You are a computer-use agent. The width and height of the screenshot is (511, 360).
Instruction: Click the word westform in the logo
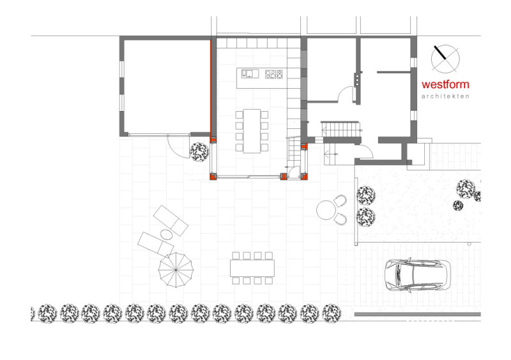tap(445, 84)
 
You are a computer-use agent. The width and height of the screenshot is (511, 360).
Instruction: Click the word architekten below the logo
tap(445, 96)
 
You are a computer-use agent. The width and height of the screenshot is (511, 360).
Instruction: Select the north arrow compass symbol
tap(445, 59)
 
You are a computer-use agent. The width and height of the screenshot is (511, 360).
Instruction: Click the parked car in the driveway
tap(418, 275)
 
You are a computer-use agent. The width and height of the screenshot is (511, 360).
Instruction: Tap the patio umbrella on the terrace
tap(176, 270)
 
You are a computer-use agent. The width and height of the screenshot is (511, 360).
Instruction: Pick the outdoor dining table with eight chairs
tap(252, 268)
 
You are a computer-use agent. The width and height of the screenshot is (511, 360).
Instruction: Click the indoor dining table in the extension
tap(252, 131)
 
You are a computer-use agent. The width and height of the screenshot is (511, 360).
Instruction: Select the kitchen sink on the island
tap(250, 73)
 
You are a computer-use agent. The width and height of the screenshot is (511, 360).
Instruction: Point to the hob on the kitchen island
tap(274, 74)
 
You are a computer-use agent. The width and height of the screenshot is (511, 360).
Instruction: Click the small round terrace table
tap(326, 210)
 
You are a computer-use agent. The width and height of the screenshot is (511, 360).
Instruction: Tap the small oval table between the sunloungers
tap(167, 234)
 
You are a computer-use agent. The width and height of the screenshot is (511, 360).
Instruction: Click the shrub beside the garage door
tap(199, 151)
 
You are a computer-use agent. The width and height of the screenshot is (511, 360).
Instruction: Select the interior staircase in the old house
tap(341, 129)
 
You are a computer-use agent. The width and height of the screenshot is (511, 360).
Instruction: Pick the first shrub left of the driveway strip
tap(366, 195)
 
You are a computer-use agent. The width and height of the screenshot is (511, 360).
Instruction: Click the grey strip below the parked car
tap(418, 314)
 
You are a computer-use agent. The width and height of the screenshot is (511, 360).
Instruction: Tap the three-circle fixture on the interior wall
tap(357, 80)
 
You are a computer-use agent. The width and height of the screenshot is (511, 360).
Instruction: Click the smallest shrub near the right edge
tap(458, 206)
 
